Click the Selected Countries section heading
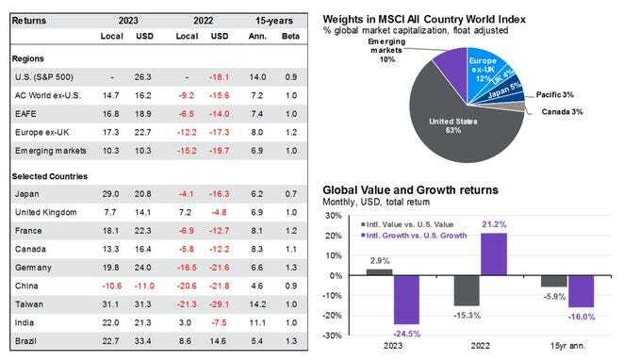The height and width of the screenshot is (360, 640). pyautogui.click(x=51, y=177)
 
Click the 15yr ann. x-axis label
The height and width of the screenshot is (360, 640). pyautogui.click(x=561, y=347)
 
